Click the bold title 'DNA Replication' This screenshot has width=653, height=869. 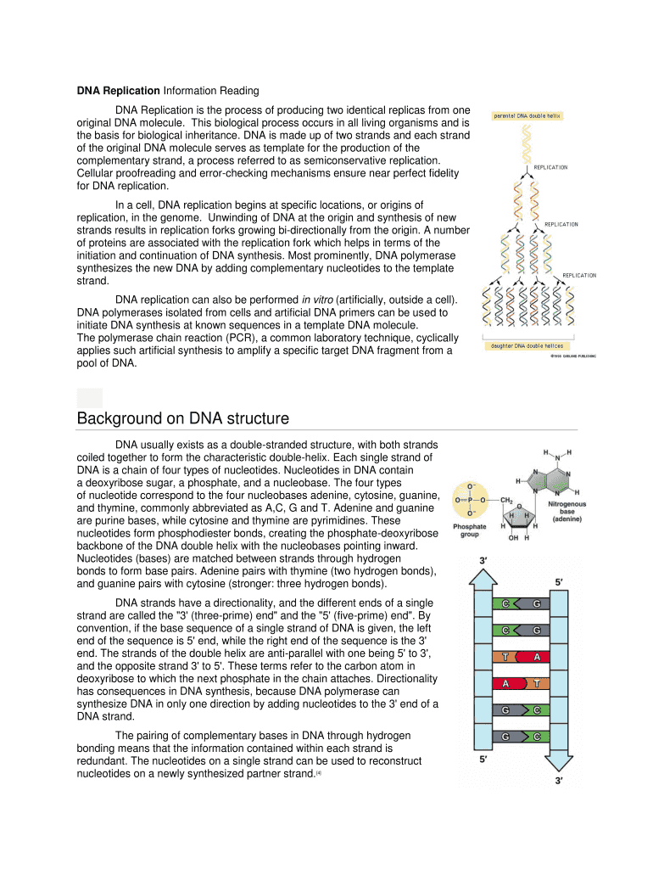click(x=118, y=91)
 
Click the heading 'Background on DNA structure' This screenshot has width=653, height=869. click(x=182, y=418)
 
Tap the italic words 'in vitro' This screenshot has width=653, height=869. click(x=319, y=300)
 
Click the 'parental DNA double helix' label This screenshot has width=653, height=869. click(x=527, y=115)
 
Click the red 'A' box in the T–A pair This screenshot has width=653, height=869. click(x=536, y=657)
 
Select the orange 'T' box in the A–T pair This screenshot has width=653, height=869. click(x=538, y=683)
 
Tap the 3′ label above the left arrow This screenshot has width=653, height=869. click(x=483, y=560)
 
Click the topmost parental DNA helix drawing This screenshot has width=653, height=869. click(x=527, y=141)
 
